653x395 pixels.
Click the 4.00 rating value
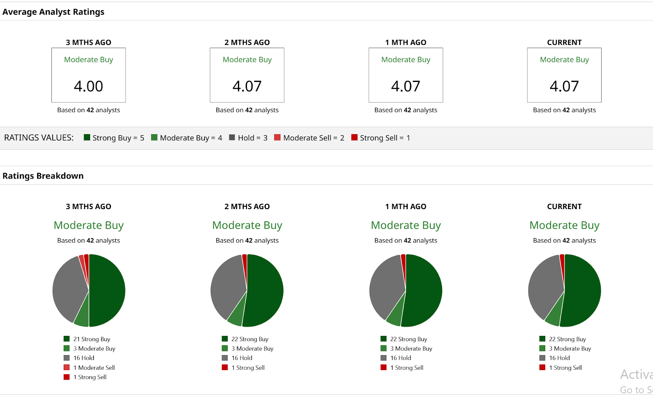(x=89, y=86)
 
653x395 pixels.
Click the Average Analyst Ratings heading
(x=53, y=12)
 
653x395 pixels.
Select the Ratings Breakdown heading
(x=43, y=176)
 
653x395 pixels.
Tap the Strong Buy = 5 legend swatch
(x=87, y=137)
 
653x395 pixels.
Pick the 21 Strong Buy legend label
(x=91, y=339)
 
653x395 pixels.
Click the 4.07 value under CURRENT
(x=564, y=86)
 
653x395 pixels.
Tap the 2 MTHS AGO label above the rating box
(x=247, y=42)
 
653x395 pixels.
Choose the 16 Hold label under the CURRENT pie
(x=559, y=358)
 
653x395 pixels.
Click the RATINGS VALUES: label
(x=39, y=138)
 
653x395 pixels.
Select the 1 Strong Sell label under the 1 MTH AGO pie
(x=406, y=368)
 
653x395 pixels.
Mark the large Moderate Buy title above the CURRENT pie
(x=564, y=225)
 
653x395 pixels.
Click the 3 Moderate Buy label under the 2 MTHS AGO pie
(x=252, y=349)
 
